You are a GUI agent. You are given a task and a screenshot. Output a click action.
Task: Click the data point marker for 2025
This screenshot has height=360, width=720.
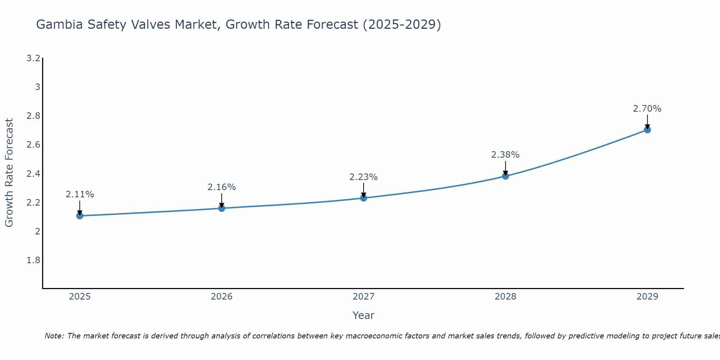tap(80, 216)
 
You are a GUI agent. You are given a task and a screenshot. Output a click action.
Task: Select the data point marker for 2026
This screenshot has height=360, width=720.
tap(222, 208)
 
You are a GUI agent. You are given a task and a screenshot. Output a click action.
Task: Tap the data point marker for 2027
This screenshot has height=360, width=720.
tap(364, 198)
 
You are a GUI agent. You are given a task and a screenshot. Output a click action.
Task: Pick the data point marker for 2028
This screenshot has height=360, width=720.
tap(505, 176)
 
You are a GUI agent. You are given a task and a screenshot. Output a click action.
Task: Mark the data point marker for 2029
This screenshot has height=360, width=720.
tap(647, 130)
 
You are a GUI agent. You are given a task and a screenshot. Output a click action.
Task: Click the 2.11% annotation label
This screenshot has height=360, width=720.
tap(80, 194)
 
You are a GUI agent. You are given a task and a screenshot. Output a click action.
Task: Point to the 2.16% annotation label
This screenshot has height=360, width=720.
tap(222, 187)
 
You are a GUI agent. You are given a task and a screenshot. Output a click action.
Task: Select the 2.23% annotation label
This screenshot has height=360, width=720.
tap(364, 177)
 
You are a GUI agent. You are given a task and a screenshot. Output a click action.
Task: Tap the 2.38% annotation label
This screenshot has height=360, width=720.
tap(505, 155)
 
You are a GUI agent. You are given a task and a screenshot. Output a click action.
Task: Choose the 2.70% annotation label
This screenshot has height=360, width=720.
tap(647, 109)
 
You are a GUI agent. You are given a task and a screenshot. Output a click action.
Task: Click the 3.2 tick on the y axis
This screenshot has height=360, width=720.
tap(33, 58)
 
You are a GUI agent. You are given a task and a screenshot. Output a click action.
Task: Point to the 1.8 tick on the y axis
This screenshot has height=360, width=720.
tap(33, 260)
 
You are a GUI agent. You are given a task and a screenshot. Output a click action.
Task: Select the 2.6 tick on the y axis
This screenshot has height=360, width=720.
tap(33, 145)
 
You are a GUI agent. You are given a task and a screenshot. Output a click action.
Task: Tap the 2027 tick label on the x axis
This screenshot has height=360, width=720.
tap(364, 297)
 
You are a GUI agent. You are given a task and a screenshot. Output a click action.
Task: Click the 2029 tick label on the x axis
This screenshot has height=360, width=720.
tap(647, 297)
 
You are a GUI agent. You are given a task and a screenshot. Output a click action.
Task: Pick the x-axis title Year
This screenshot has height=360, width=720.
tap(364, 315)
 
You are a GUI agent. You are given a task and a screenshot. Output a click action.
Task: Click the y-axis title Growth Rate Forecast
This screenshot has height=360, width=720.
tap(9, 173)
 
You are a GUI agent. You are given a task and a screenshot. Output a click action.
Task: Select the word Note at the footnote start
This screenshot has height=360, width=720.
tap(54, 336)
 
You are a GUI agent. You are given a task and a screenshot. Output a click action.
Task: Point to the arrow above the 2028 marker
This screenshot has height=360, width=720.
tap(505, 168)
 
